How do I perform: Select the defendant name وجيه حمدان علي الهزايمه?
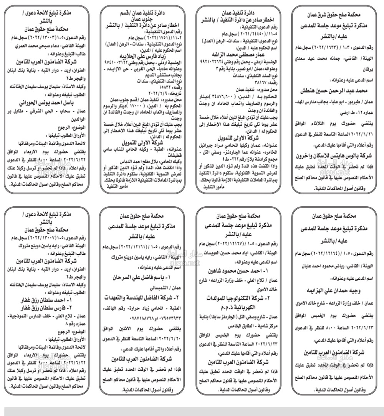click(335, 289)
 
